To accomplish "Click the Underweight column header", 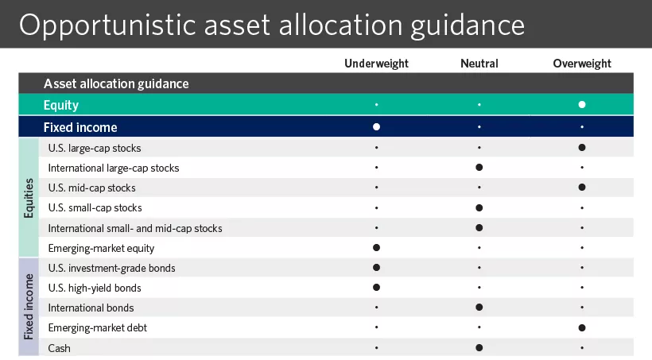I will pos(376,64).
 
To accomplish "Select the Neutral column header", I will pos(479,64).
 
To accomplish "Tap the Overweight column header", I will pos(582,64).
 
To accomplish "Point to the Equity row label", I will pos(61,105).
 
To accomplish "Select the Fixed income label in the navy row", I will pos(80,127).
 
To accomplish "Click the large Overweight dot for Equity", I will pos(582,105).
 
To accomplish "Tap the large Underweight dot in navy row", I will pos(376,127).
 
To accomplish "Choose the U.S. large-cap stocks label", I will pos(95,148).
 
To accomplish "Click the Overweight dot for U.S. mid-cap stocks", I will pos(582,188).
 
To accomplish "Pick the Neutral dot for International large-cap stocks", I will pos(479,168).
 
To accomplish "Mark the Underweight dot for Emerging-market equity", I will pos(376,248).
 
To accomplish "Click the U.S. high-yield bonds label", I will pos(95,288).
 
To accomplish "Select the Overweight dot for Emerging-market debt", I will pos(582,327).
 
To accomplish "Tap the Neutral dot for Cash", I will pos(479,347).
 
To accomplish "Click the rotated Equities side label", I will pos(29,197).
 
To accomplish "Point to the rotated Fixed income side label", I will pos(29,307).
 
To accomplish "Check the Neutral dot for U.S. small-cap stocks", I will pos(479,207).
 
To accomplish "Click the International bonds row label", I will pos(91,308).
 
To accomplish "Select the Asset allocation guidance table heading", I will pos(116,83).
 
